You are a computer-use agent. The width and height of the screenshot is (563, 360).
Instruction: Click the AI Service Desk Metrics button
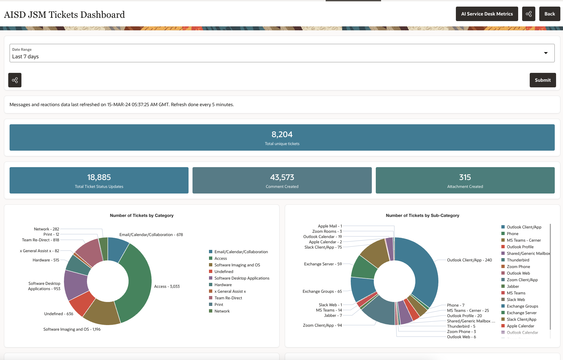point(487,14)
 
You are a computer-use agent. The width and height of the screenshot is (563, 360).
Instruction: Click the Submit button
point(543,80)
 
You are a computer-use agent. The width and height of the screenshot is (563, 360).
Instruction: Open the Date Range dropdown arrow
point(546,53)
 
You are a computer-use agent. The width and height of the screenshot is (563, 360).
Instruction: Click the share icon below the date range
point(15,80)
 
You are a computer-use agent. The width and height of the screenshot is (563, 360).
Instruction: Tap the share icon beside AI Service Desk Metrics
point(528,14)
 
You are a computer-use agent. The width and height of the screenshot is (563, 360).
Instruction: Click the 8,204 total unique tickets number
point(282,135)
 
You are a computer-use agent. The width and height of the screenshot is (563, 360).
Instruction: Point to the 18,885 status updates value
point(99,177)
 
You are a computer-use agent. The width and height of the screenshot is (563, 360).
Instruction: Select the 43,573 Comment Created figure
point(282,177)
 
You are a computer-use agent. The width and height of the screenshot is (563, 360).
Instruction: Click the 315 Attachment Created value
point(465,177)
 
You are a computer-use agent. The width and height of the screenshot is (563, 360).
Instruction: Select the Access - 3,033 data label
point(167,286)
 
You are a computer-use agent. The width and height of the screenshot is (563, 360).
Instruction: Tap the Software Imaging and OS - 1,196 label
point(72,329)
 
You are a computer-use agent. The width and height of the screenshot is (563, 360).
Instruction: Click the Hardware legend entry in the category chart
point(223,285)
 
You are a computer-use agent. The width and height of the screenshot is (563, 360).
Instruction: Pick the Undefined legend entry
point(223,272)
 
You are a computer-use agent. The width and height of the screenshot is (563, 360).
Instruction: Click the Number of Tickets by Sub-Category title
point(422,216)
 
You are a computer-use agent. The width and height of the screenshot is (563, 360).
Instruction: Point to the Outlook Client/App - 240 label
point(469,260)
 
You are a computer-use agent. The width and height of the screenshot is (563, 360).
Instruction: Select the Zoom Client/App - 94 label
point(322,325)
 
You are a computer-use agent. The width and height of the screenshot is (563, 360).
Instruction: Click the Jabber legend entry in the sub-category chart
point(513,286)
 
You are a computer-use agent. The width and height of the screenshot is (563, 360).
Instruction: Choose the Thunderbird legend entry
point(518,260)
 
